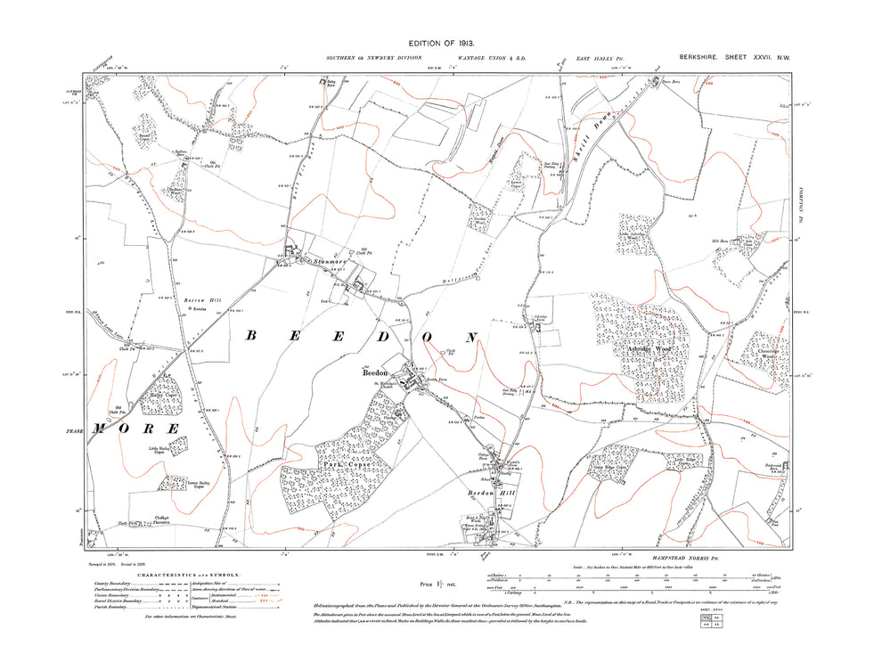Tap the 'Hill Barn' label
coord(716,238)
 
